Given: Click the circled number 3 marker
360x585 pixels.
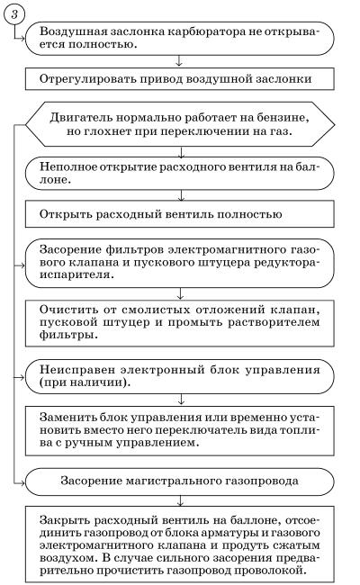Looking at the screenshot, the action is (14, 15).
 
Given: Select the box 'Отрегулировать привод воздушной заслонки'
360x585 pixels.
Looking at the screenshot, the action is (179, 78).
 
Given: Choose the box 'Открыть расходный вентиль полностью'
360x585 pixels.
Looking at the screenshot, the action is (179, 214).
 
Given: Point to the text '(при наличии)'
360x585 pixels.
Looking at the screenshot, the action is (85, 382).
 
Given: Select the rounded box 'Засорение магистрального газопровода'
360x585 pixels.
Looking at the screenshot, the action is (179, 481).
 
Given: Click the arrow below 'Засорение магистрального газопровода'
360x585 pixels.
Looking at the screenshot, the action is (181, 500).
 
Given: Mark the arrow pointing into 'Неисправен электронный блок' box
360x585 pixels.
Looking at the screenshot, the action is (20, 377).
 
